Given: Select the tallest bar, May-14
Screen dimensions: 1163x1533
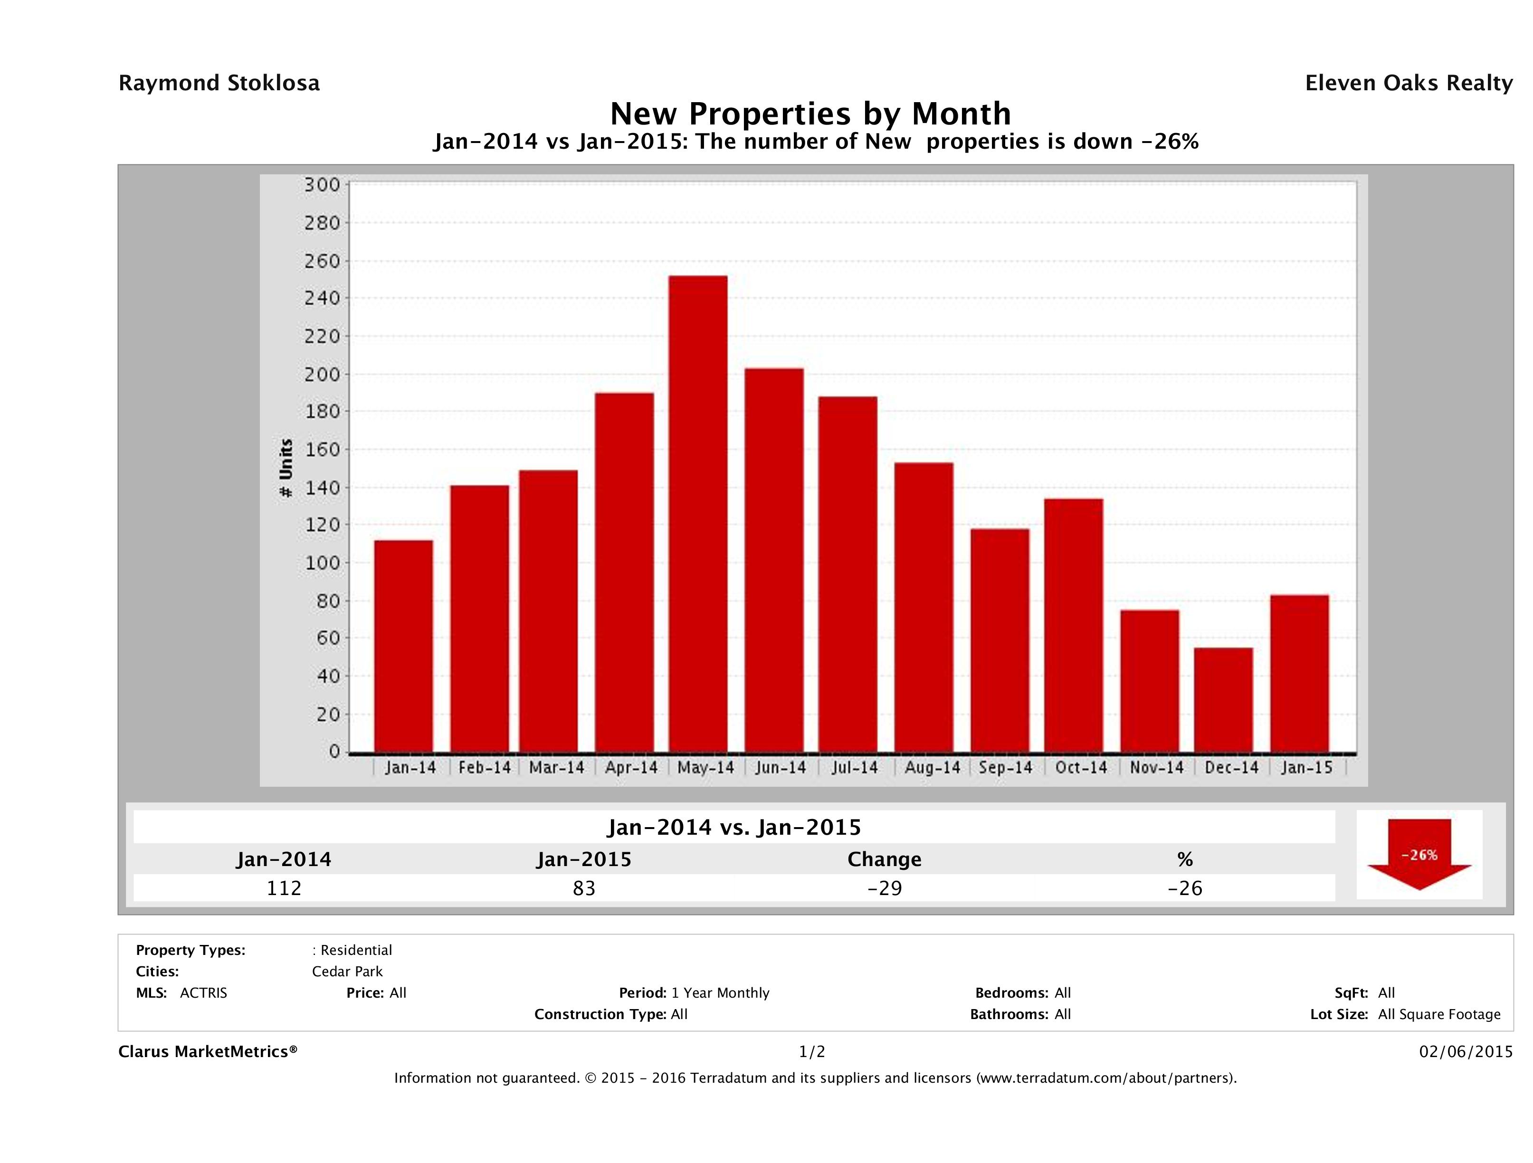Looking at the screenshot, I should [x=698, y=514].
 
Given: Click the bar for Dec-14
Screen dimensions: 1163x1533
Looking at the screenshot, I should [x=1223, y=700].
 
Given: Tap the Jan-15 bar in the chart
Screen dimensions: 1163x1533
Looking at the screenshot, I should [x=1299, y=674].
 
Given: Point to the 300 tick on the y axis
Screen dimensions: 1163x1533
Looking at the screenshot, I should [x=322, y=185].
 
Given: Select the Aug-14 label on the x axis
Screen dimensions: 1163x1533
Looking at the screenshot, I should [x=932, y=768].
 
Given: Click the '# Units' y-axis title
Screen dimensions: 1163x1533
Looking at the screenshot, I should [x=286, y=468].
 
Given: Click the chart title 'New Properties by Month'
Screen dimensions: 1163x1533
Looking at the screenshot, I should [x=810, y=114].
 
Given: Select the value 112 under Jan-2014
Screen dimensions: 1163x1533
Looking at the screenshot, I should [x=284, y=888].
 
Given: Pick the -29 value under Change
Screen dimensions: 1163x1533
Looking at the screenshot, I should [x=885, y=888].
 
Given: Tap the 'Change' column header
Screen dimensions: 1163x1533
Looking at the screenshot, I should [x=885, y=859].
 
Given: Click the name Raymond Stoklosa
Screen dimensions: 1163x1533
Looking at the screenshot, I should [x=219, y=83].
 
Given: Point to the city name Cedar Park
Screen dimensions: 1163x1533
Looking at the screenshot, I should [x=347, y=971].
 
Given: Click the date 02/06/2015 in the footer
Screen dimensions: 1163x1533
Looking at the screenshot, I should [x=1466, y=1051].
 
